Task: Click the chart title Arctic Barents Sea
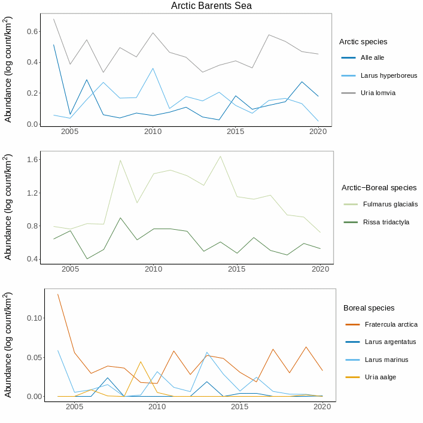(x=211, y=5)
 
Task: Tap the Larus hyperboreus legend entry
(x=388, y=76)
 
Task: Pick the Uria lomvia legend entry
(x=378, y=93)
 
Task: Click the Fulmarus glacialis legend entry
(x=389, y=205)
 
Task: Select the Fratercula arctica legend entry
(x=391, y=325)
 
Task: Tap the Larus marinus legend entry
(x=387, y=360)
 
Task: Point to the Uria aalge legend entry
(x=380, y=378)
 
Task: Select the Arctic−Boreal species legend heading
(x=379, y=188)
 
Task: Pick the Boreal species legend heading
(x=369, y=308)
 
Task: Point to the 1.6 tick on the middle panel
(x=32, y=160)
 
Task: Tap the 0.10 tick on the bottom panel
(x=34, y=318)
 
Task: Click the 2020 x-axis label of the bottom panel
(x=322, y=407)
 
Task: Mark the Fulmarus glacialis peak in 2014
(x=220, y=156)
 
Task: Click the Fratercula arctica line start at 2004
(x=58, y=294)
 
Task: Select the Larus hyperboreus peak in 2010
(x=153, y=68)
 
